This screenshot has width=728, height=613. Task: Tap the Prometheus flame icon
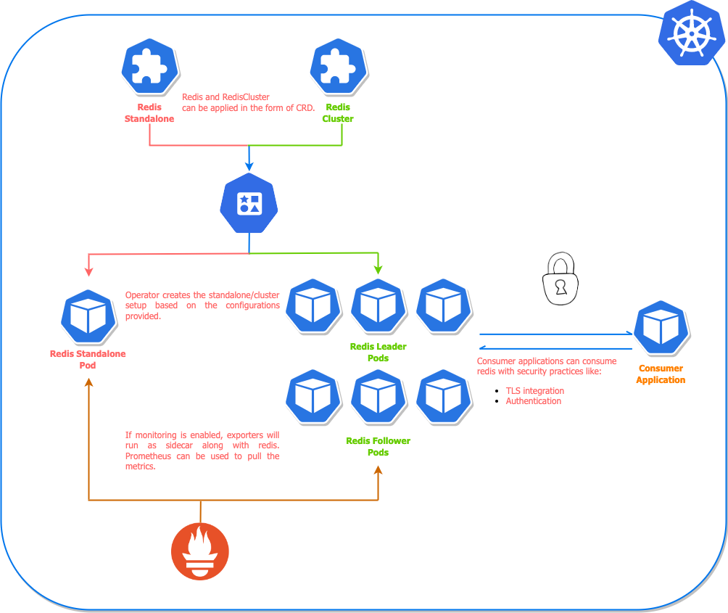[200, 551]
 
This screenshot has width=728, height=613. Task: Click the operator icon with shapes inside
[249, 203]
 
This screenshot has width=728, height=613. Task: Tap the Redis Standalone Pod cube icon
[88, 317]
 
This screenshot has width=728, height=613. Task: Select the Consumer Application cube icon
[661, 328]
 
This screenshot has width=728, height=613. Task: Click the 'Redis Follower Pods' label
[378, 446]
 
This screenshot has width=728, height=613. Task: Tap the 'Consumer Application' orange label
[661, 374]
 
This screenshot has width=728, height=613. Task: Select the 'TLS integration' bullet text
[534, 390]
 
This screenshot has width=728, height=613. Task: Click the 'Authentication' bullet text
[533, 400]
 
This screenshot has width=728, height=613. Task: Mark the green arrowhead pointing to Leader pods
[378, 269]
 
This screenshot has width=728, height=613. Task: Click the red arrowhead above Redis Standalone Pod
[88, 271]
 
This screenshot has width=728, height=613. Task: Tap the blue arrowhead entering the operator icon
[249, 166]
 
